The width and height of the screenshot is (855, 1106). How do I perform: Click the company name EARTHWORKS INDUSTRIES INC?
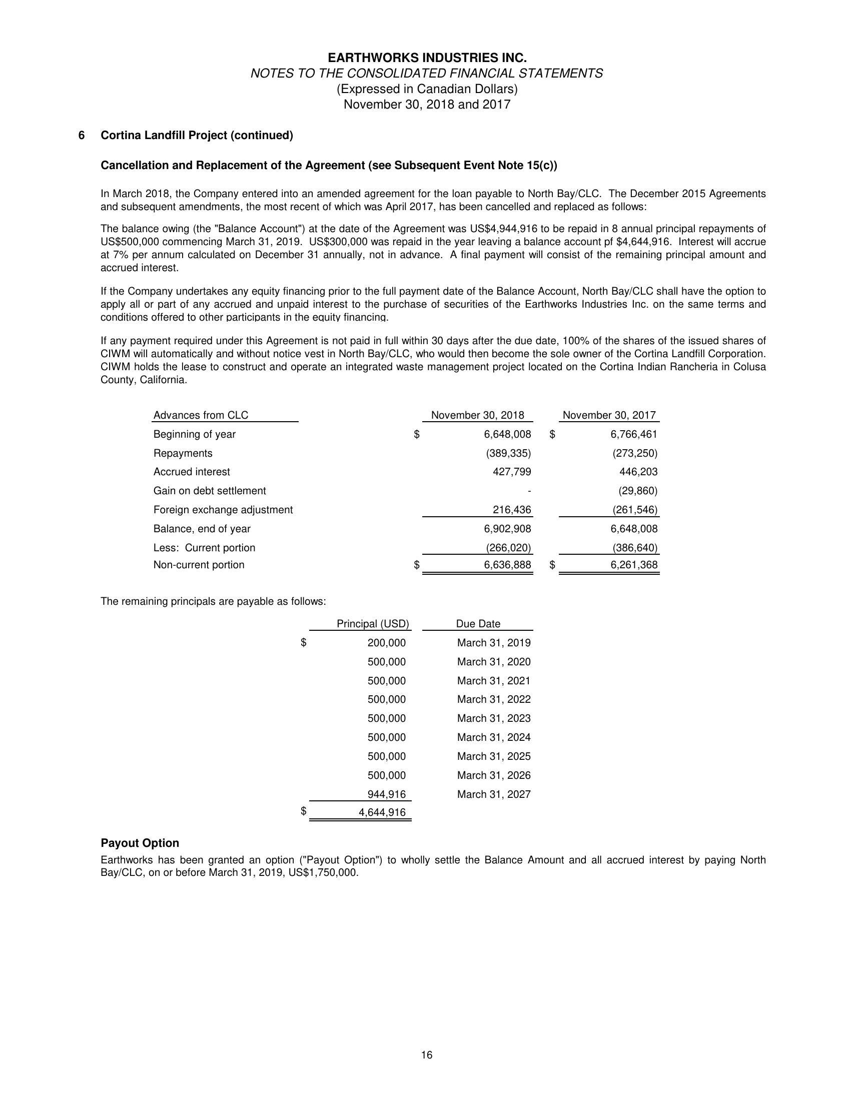427,58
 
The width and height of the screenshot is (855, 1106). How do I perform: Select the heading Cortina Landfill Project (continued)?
197,136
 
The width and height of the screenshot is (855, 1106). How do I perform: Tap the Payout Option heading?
140,843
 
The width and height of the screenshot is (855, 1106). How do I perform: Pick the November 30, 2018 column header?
477,415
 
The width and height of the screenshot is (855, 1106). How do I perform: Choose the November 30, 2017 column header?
609,415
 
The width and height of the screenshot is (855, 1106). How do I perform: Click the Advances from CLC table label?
201,415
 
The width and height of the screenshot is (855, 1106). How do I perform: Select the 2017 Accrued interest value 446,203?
638,472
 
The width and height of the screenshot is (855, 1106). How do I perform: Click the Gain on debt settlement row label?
209,491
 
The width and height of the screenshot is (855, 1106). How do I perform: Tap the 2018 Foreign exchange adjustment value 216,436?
512,509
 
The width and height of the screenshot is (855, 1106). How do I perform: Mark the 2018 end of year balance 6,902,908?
507,529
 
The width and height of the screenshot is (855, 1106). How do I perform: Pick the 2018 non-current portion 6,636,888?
507,565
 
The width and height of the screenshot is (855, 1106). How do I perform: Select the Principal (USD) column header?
372,624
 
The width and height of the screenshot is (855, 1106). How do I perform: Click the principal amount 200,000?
386,643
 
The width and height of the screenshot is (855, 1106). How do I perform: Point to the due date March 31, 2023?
494,719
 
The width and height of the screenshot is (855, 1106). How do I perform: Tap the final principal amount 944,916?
386,794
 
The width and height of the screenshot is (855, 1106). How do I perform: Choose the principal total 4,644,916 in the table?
382,812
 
